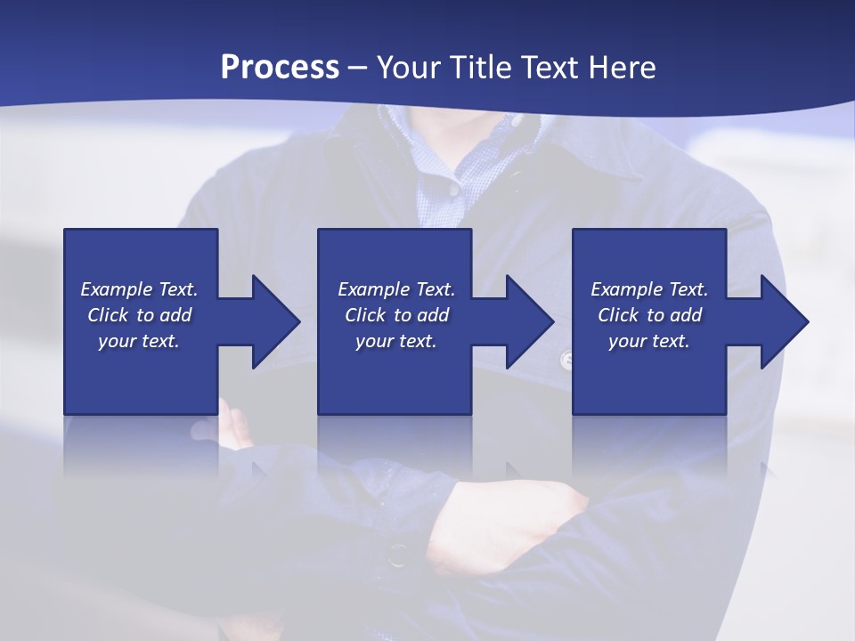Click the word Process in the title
(280, 68)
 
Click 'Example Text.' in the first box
(139, 289)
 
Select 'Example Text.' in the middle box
(396, 289)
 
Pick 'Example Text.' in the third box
(649, 289)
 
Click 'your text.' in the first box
(139, 341)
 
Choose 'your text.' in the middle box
(396, 341)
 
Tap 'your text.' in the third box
(649, 341)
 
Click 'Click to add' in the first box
(139, 315)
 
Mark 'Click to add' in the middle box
(396, 315)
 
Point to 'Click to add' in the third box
(649, 315)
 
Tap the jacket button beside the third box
(566, 360)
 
